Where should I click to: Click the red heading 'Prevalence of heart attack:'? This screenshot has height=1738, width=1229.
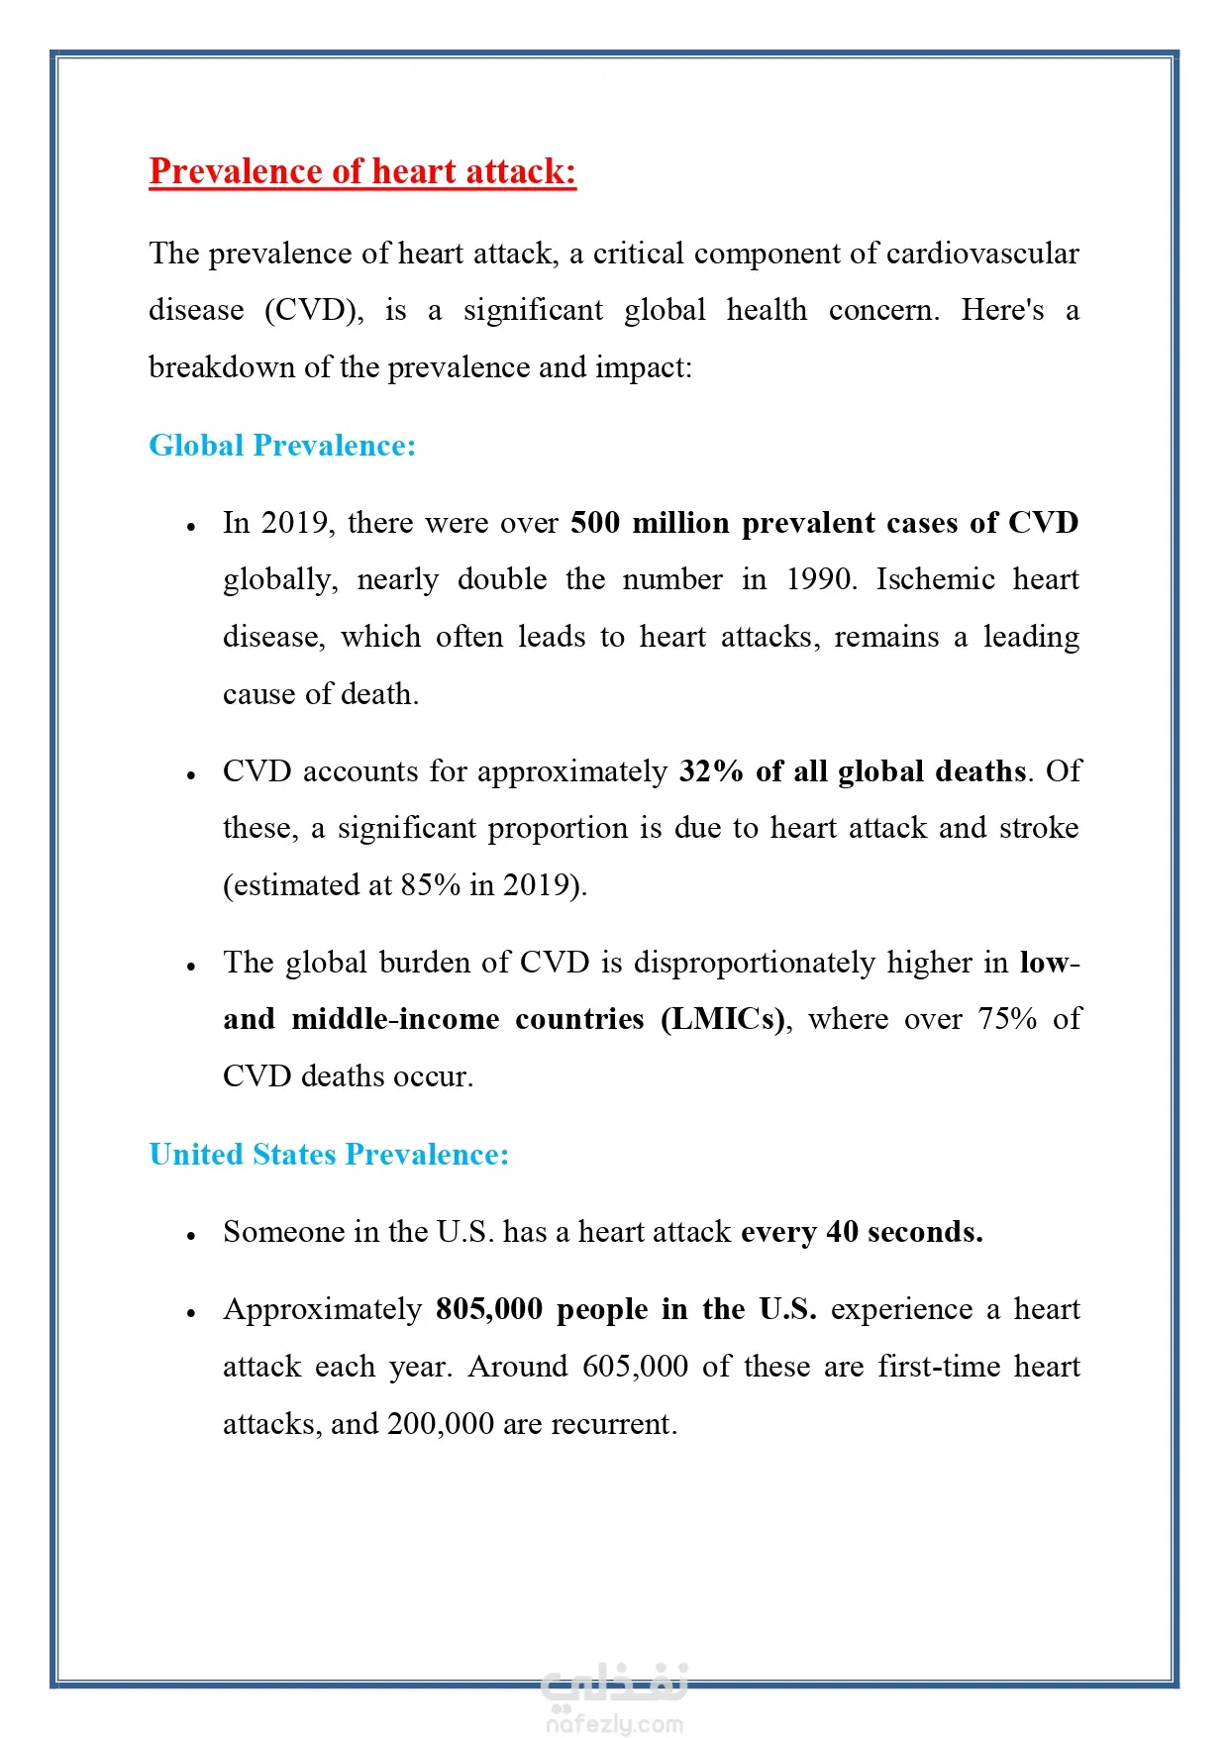click(x=362, y=171)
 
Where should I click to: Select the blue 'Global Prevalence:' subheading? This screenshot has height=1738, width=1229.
click(x=282, y=446)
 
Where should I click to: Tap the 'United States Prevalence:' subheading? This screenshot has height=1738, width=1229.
click(x=329, y=1155)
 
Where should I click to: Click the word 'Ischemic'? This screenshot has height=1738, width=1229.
click(x=935, y=579)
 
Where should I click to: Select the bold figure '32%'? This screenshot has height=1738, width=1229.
click(x=711, y=771)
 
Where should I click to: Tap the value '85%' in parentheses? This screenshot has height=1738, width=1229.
click(x=431, y=885)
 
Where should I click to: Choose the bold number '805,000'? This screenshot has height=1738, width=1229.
click(x=489, y=1309)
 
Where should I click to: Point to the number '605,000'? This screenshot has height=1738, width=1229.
click(x=635, y=1367)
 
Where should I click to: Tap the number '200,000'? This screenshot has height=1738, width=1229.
click(x=441, y=1424)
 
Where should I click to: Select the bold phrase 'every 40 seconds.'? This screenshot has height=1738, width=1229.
click(x=862, y=1232)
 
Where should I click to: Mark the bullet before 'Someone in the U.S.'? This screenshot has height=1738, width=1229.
click(x=191, y=1235)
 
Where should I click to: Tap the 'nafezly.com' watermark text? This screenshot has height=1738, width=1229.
click(x=614, y=1724)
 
